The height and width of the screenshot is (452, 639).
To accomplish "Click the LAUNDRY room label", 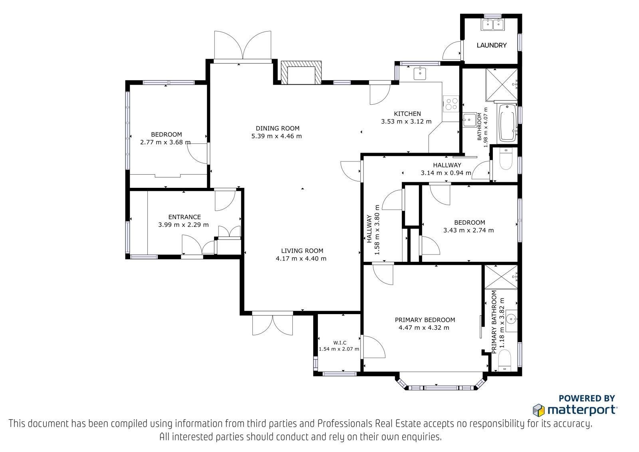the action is click(492, 45).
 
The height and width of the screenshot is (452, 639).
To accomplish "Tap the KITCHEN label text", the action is click(407, 113).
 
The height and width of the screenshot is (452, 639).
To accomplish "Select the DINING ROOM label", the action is click(278, 129).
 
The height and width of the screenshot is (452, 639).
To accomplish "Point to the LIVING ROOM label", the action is click(302, 251).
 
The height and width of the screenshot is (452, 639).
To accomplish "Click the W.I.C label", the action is click(340, 342).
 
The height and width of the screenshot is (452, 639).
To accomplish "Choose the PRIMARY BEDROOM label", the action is click(425, 320).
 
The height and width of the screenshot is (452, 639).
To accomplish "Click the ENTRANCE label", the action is click(185, 217).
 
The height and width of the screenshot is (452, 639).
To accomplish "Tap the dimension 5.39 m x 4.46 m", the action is click(276, 136).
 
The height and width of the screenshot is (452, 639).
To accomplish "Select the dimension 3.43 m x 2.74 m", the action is click(468, 230).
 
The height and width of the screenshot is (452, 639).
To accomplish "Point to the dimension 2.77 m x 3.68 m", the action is click(165, 142).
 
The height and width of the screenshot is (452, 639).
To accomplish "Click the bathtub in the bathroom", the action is click(508, 123).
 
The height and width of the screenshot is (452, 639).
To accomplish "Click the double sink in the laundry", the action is click(493, 24).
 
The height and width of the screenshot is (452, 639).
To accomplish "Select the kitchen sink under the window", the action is click(420, 74).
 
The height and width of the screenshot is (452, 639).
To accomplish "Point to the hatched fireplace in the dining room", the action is click(301, 72).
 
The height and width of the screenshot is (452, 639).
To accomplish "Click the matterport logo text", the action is click(582, 410).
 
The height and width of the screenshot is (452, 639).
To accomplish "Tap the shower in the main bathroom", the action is click(502, 84).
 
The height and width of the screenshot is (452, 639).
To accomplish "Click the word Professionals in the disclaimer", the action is click(345, 424).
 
